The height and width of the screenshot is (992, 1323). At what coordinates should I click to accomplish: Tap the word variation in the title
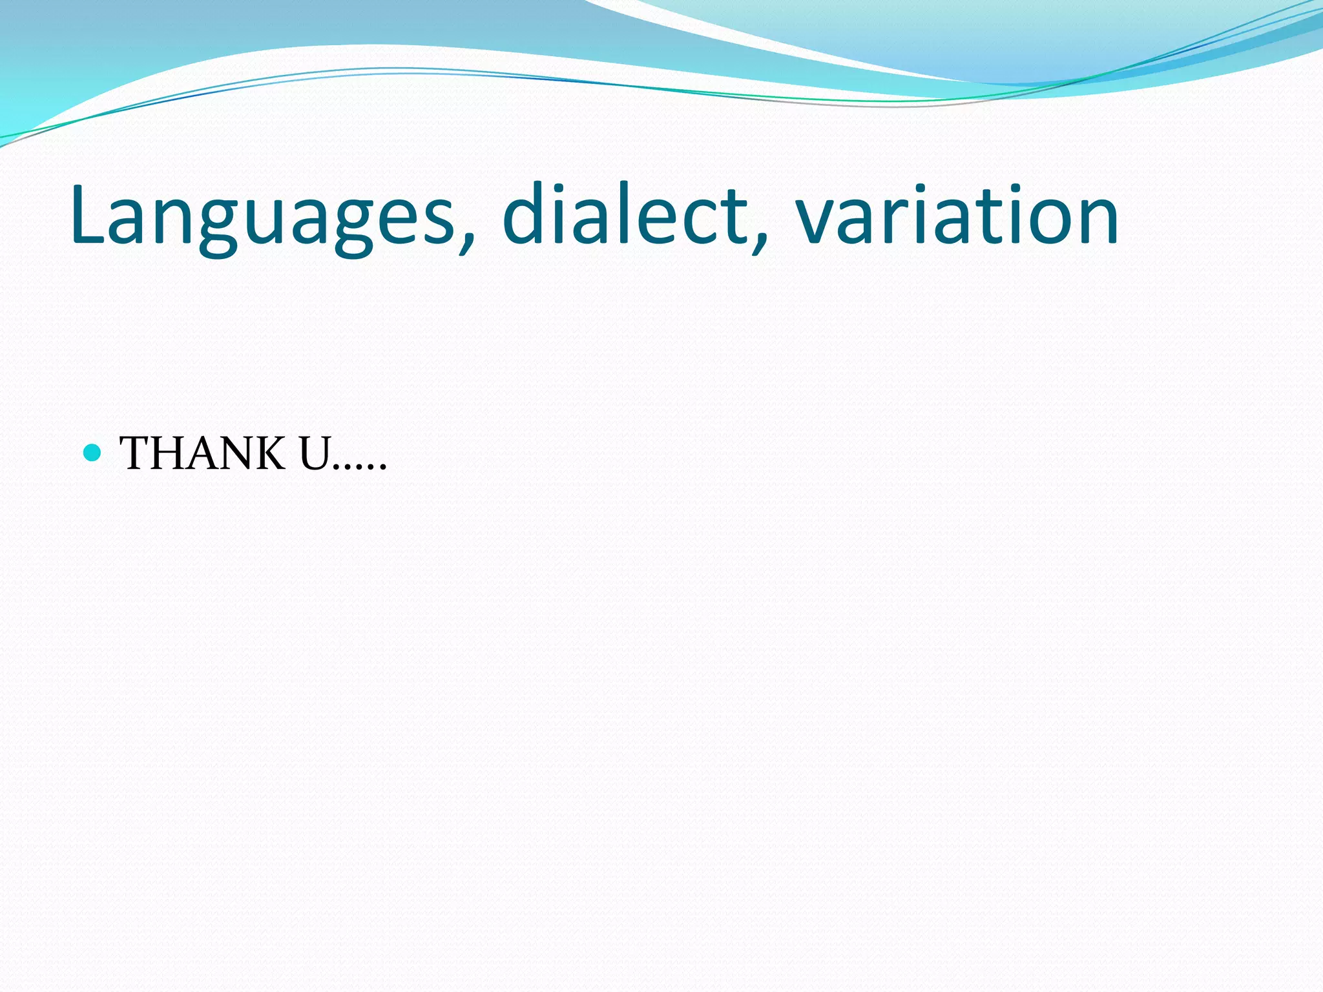pos(956,216)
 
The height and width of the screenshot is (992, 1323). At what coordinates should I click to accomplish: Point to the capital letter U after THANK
pos(315,453)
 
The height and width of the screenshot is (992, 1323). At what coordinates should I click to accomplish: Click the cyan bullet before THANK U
pos(93,453)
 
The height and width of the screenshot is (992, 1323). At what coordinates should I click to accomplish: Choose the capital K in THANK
pos(267,453)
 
